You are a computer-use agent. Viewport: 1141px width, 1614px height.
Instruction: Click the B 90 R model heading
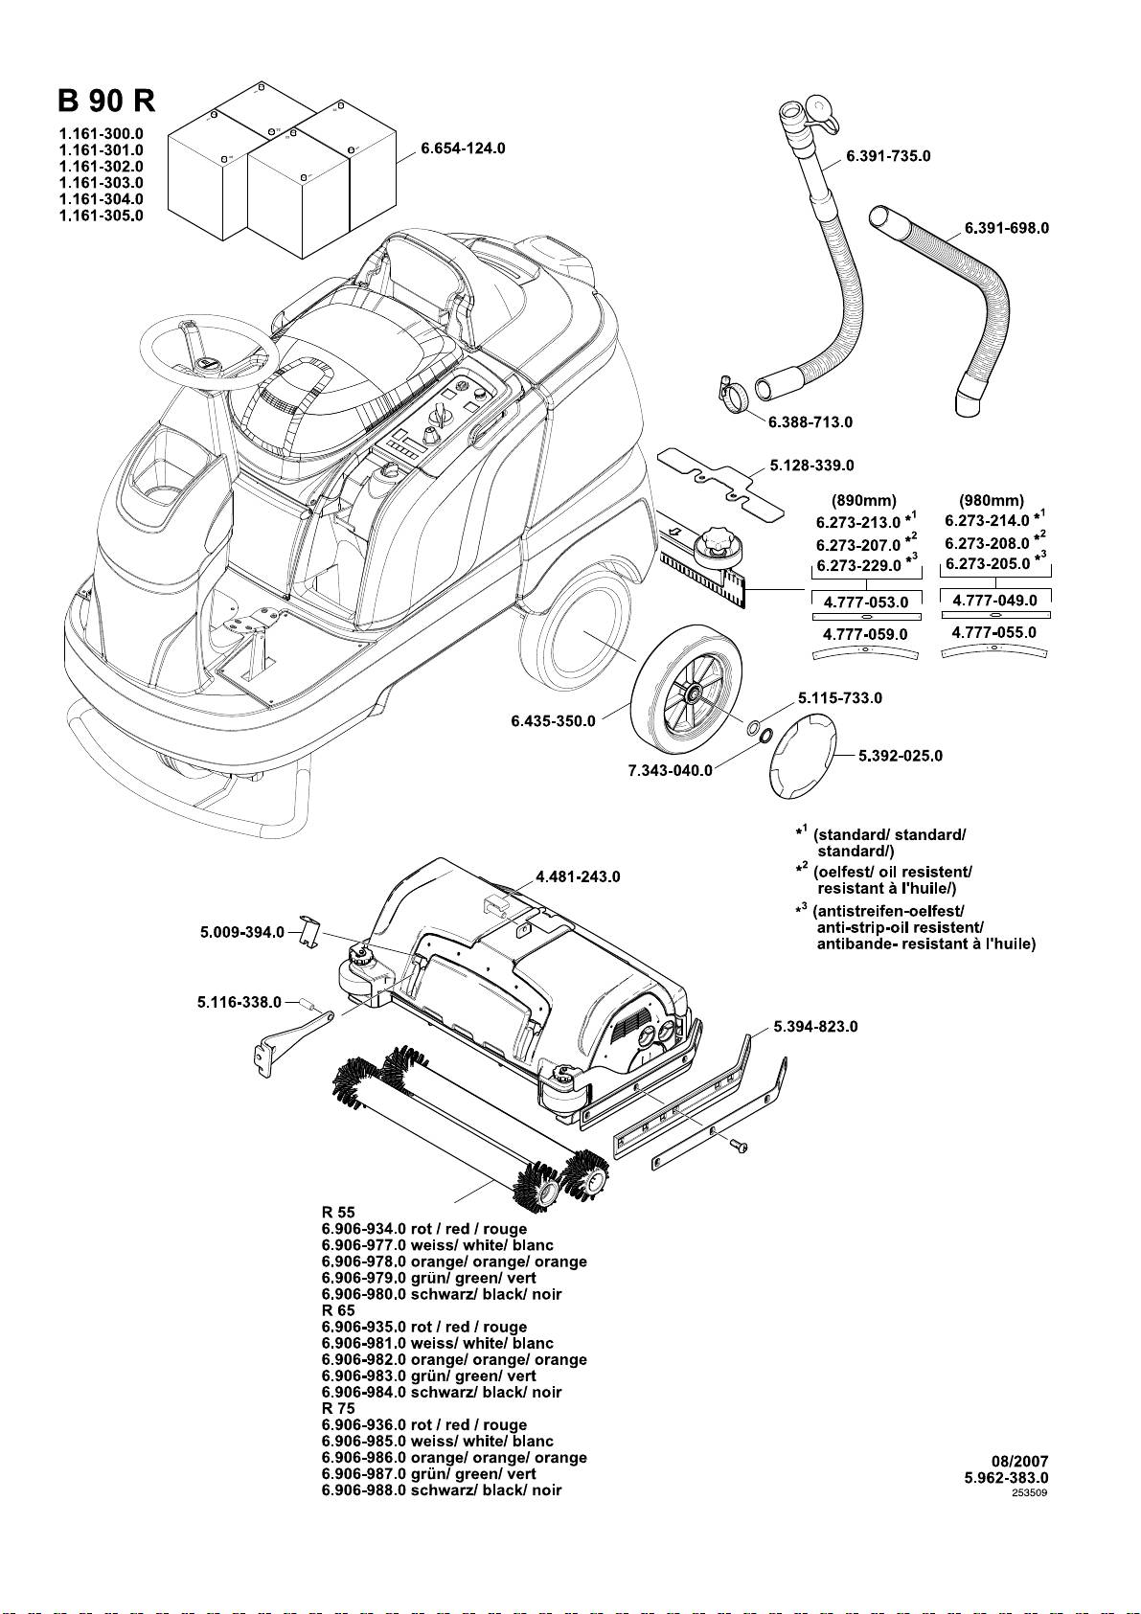[x=106, y=102]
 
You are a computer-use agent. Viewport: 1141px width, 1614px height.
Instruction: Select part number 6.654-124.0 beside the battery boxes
[x=463, y=148]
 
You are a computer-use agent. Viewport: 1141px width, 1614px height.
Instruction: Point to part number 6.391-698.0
[x=1007, y=228]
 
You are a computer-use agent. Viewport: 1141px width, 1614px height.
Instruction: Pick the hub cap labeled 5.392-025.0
[x=802, y=755]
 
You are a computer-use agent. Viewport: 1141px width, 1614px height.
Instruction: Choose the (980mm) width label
[x=992, y=501]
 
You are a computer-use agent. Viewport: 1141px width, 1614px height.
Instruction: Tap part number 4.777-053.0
[x=866, y=602]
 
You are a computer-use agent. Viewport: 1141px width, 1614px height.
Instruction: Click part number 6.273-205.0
[x=988, y=563]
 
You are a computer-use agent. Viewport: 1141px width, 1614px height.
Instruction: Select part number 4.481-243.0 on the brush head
[x=578, y=876]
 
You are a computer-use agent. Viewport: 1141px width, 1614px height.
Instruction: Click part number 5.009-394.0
[x=242, y=932]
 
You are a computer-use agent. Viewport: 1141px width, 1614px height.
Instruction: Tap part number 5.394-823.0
[x=816, y=1026]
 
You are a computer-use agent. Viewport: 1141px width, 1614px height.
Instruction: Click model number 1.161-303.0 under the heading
[x=101, y=183]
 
